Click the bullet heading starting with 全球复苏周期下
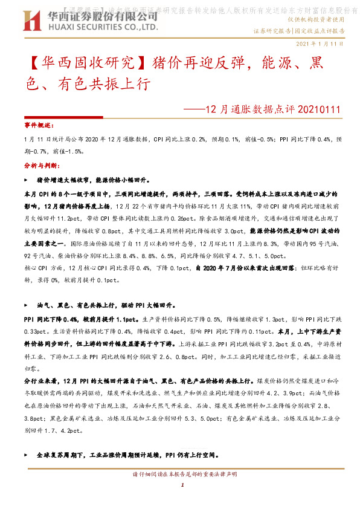click(127, 454)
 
